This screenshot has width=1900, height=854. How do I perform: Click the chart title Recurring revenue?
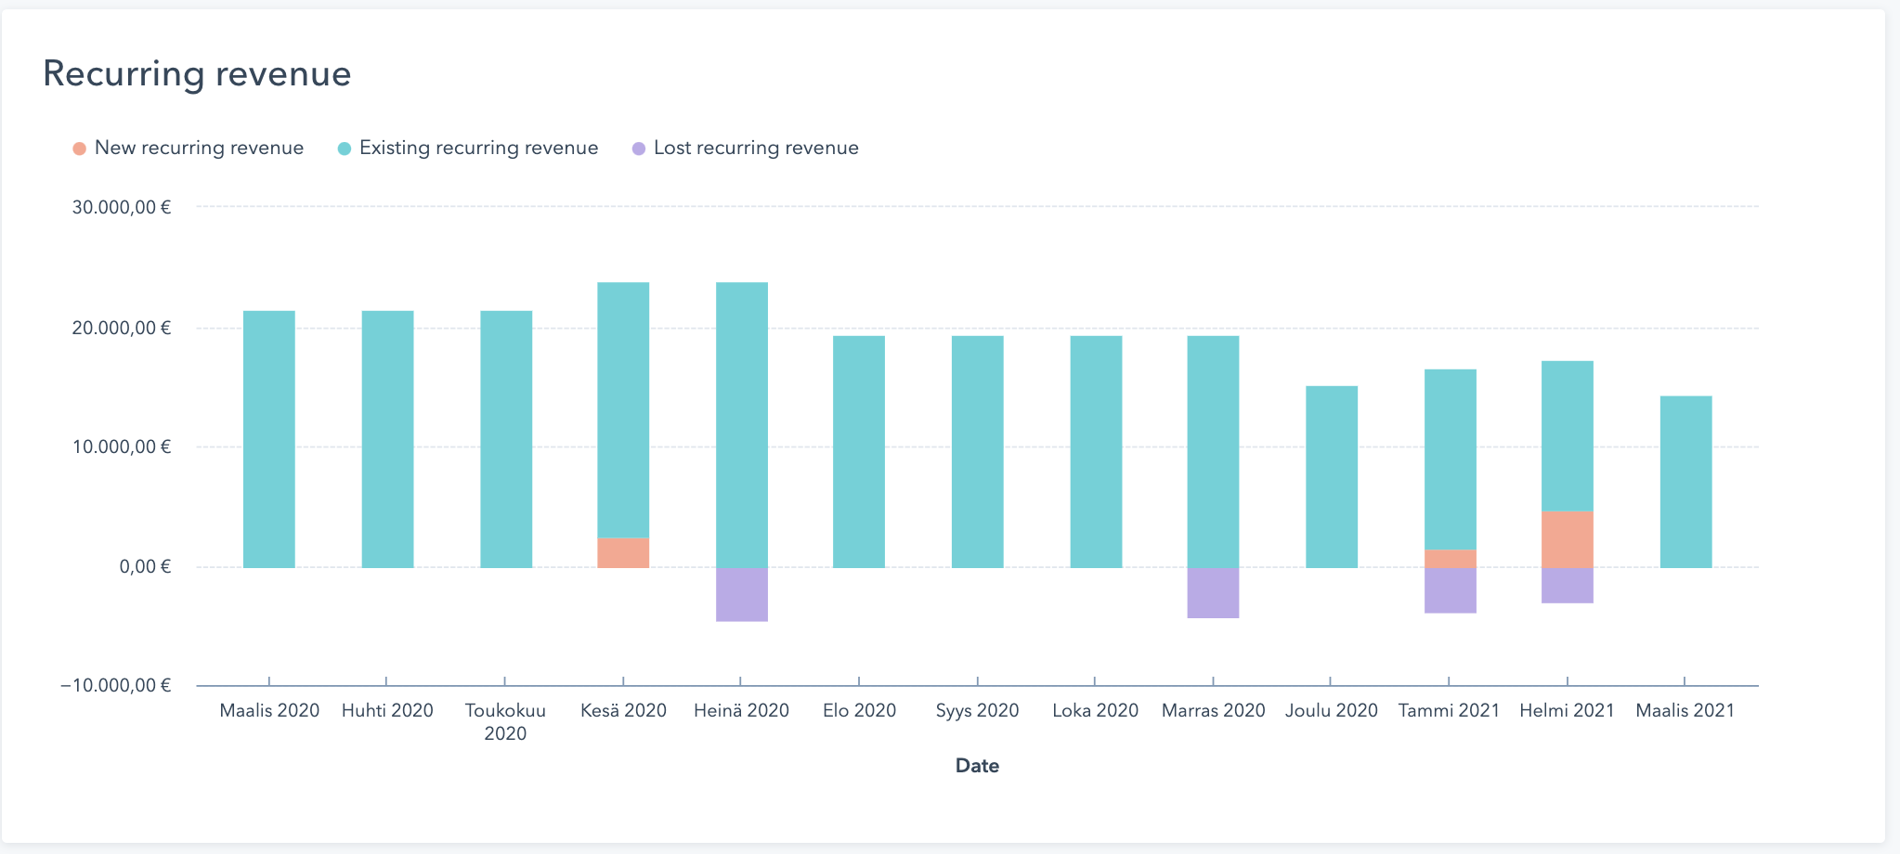coord(197,73)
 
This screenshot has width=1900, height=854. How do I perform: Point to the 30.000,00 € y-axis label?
coord(122,208)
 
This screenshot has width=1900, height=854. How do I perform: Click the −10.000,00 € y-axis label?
coord(116,686)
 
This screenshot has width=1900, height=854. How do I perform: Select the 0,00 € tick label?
coord(145,566)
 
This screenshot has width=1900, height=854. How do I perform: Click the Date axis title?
coord(977,766)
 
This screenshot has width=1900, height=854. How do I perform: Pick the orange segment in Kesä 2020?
coord(623,552)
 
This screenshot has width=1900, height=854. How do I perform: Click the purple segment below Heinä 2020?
coord(742,594)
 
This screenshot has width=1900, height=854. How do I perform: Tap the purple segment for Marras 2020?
coord(1213,592)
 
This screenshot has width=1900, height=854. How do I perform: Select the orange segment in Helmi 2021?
coord(1568,539)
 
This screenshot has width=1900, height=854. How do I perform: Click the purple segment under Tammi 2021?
coord(1450,590)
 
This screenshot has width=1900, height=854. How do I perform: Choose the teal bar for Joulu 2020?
coord(1332,476)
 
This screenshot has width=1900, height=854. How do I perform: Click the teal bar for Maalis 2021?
coord(1685,482)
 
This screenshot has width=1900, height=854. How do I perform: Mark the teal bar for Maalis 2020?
coord(269,439)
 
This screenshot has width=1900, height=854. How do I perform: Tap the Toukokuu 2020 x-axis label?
coord(505,722)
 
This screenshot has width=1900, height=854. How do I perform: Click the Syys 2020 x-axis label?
coord(977,711)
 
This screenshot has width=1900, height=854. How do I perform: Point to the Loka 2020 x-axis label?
coord(1095,711)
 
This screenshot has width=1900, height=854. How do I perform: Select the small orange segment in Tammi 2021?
coord(1450,559)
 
